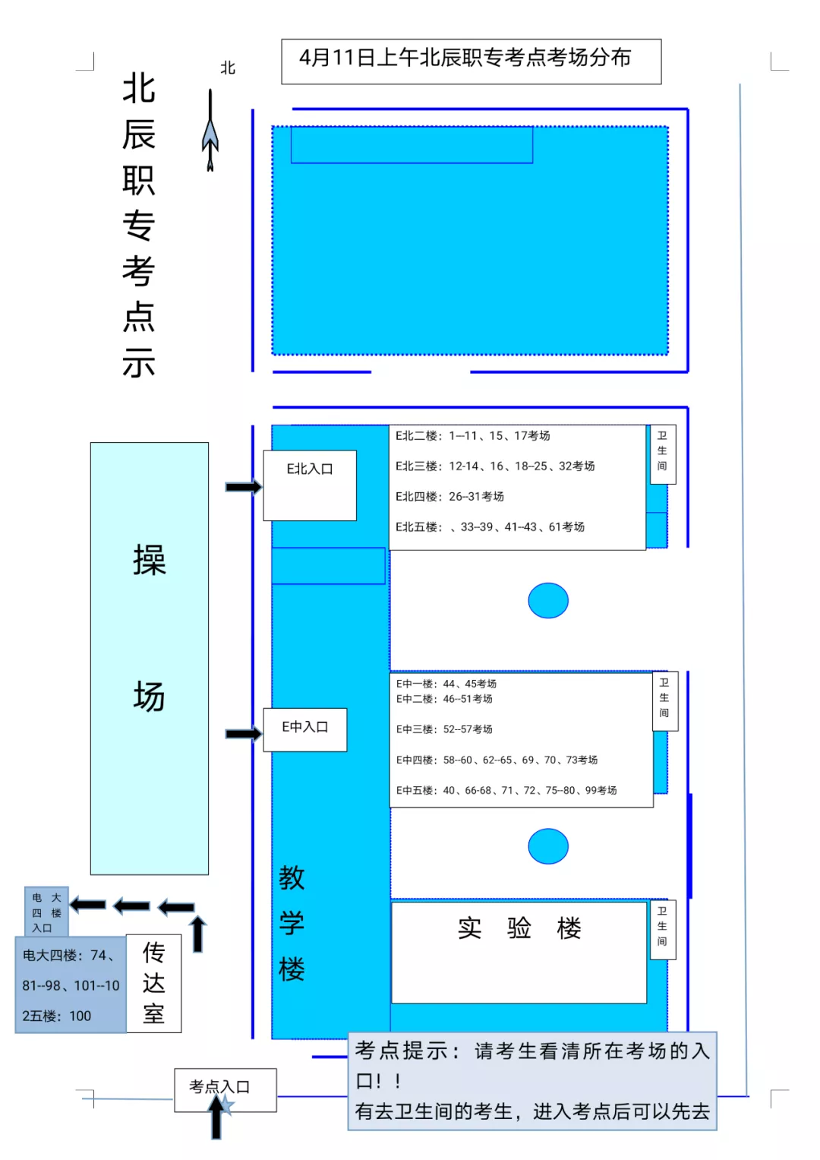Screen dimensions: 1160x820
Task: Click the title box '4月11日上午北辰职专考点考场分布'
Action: coord(471,61)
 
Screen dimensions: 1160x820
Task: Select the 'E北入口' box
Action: coord(310,485)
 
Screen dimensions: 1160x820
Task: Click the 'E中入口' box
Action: coord(304,729)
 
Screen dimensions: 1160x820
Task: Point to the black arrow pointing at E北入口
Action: coord(243,487)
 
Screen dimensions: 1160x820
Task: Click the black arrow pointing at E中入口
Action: coord(243,734)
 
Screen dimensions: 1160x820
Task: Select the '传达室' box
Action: coord(153,983)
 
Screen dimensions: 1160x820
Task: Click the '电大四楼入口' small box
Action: coord(46,912)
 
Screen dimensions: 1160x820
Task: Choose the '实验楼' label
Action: coord(519,928)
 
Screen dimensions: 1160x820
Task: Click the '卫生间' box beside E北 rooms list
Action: coord(662,454)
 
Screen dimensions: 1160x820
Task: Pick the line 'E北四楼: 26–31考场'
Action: coord(449,497)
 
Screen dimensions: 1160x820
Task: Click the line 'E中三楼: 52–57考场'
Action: coord(444,729)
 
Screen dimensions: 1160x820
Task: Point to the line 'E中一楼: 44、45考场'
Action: coord(446,684)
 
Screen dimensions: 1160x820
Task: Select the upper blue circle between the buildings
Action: coord(548,601)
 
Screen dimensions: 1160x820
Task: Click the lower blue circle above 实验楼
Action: coord(548,846)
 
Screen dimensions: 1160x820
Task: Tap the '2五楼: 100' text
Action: coord(57,1016)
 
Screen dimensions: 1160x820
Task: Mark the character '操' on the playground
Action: coord(149,561)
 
